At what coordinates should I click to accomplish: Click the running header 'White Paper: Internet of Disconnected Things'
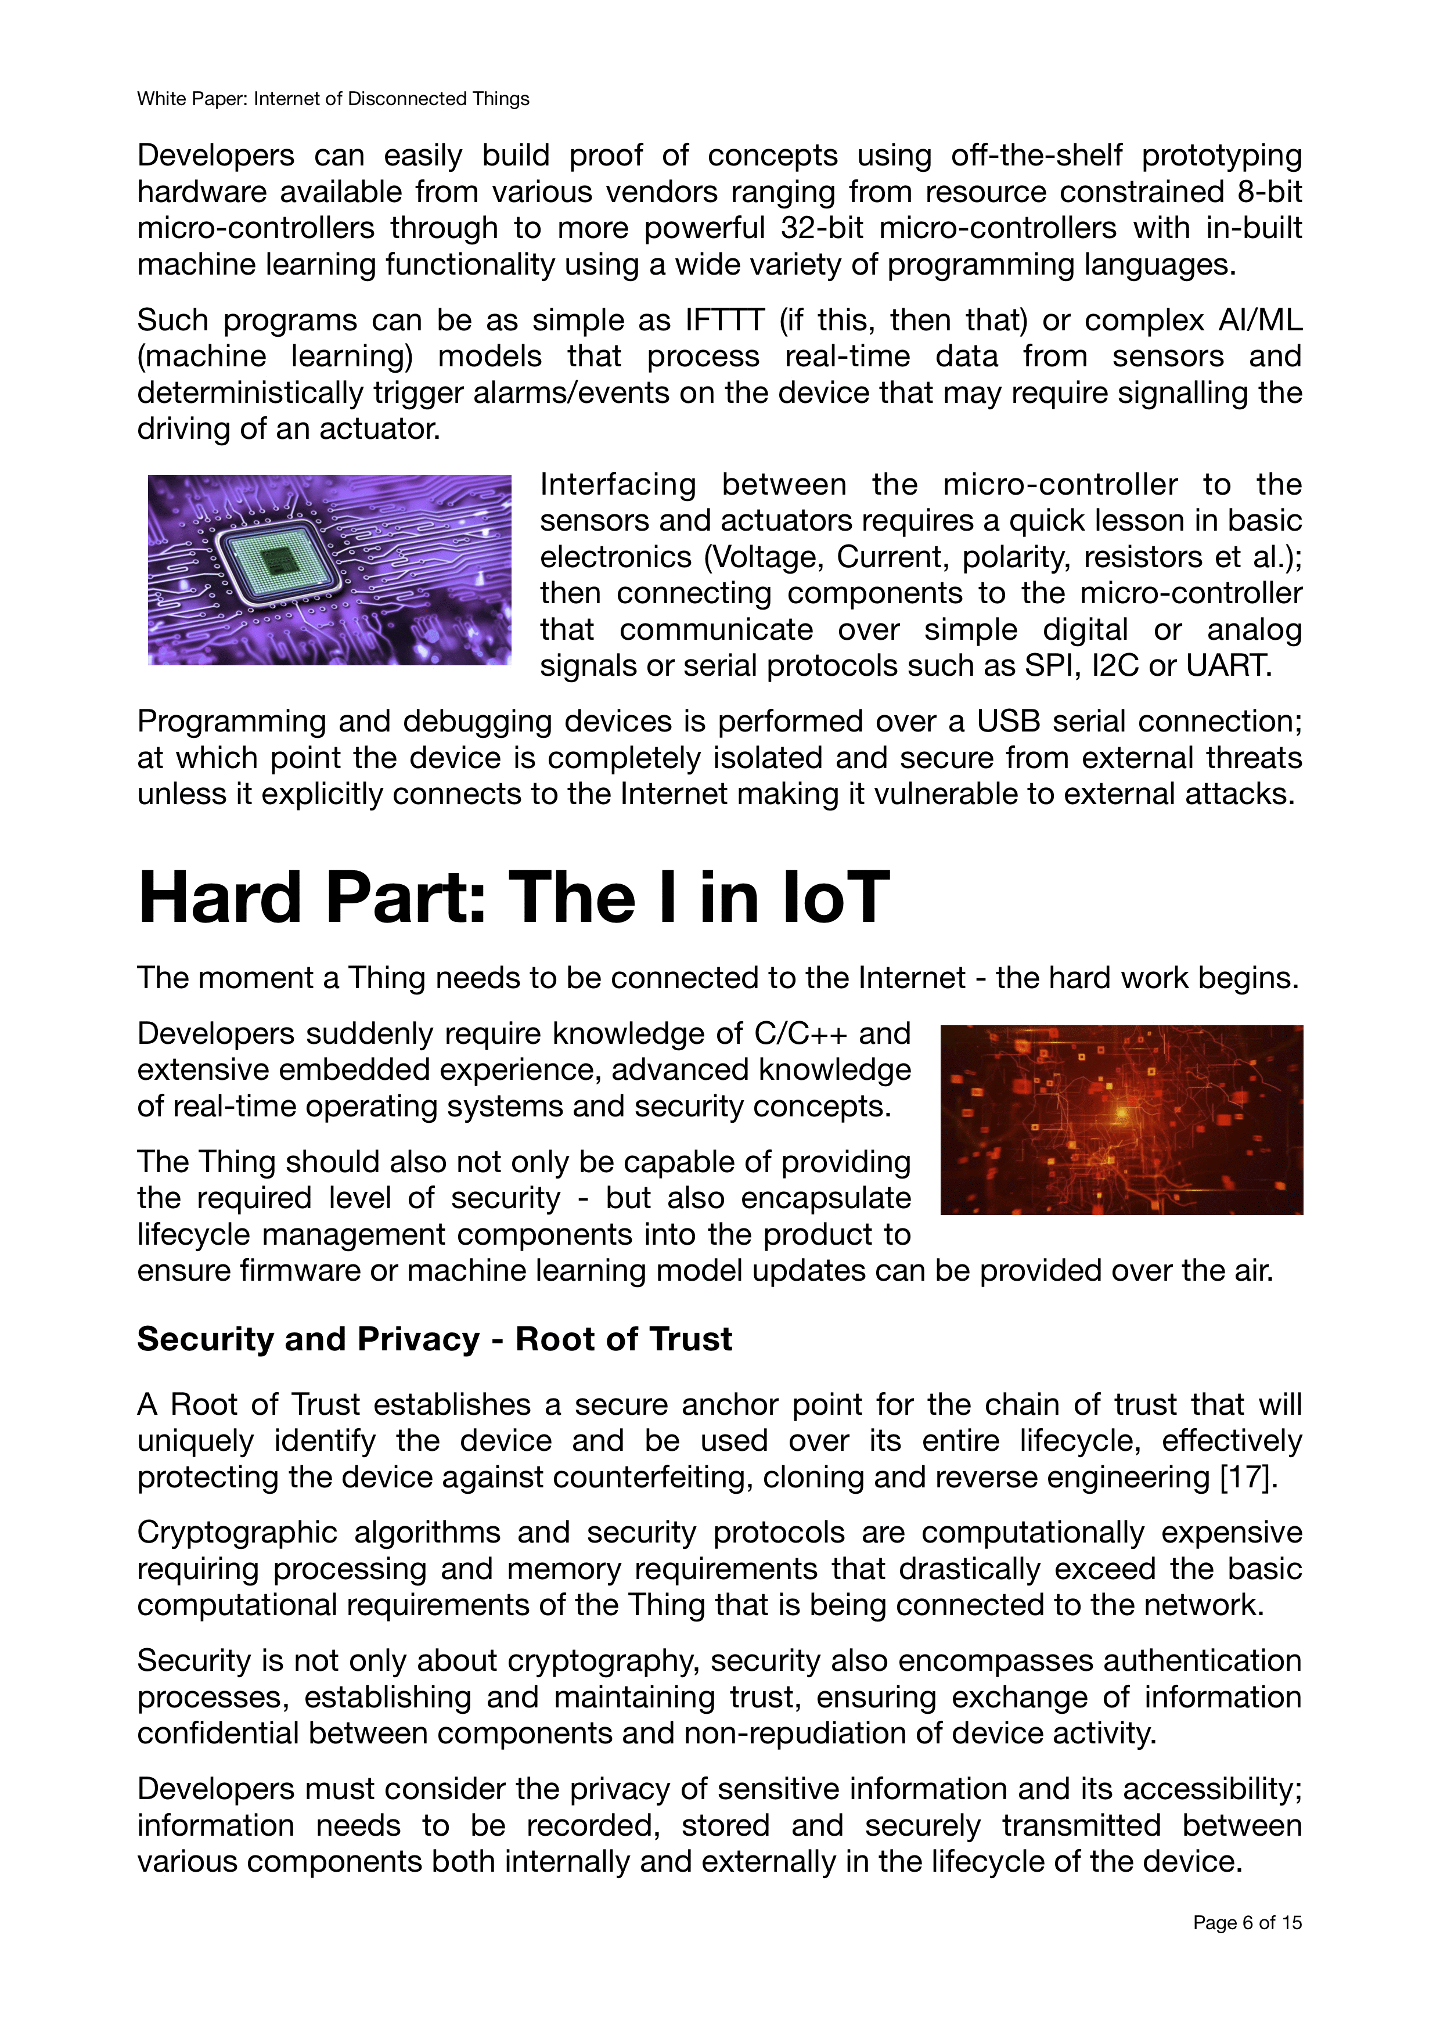click(333, 99)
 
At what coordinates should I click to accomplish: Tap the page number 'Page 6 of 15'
click(1247, 1922)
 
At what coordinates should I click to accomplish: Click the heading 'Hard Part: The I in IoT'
click(513, 898)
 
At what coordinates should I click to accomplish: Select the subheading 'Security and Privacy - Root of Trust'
click(434, 1339)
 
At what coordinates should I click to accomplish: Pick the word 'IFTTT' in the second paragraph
click(725, 319)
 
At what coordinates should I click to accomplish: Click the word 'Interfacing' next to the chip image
click(618, 485)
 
